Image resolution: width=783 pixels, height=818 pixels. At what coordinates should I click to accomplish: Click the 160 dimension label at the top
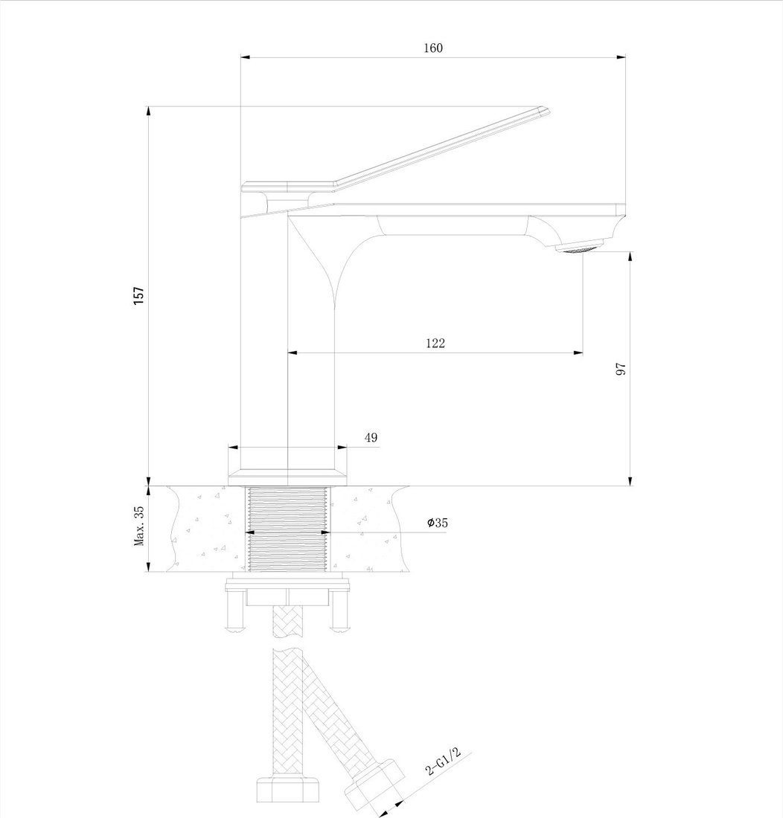432,48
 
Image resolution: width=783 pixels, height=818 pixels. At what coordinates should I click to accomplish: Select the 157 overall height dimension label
139,296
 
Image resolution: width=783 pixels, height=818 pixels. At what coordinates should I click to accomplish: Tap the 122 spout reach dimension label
435,343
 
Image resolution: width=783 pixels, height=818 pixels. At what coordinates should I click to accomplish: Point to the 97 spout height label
621,369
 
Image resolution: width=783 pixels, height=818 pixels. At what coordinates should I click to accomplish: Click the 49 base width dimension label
371,437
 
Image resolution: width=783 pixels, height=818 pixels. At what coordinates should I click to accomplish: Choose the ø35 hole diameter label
438,523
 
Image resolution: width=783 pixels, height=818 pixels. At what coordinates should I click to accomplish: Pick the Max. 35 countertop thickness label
139,525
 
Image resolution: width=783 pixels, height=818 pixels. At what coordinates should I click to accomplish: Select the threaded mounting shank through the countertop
287,529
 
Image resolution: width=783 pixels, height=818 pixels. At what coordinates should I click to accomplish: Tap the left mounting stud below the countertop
236,611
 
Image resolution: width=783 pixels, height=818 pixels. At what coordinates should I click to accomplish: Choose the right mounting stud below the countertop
339,611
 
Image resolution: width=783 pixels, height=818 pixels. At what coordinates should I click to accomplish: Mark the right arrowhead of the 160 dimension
621,57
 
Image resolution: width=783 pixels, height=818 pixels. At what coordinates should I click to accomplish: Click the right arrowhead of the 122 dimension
578,353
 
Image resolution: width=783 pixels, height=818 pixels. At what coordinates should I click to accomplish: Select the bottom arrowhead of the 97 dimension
630,480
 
